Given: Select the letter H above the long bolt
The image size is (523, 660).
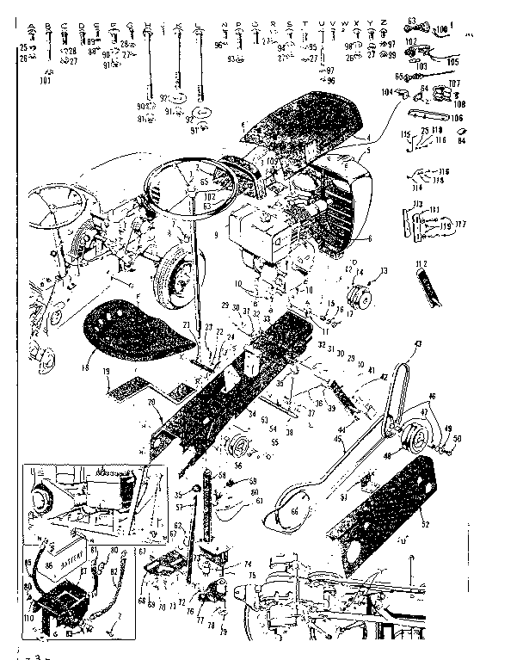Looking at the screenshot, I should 148,24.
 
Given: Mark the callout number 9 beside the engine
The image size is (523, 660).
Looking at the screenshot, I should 212,233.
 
